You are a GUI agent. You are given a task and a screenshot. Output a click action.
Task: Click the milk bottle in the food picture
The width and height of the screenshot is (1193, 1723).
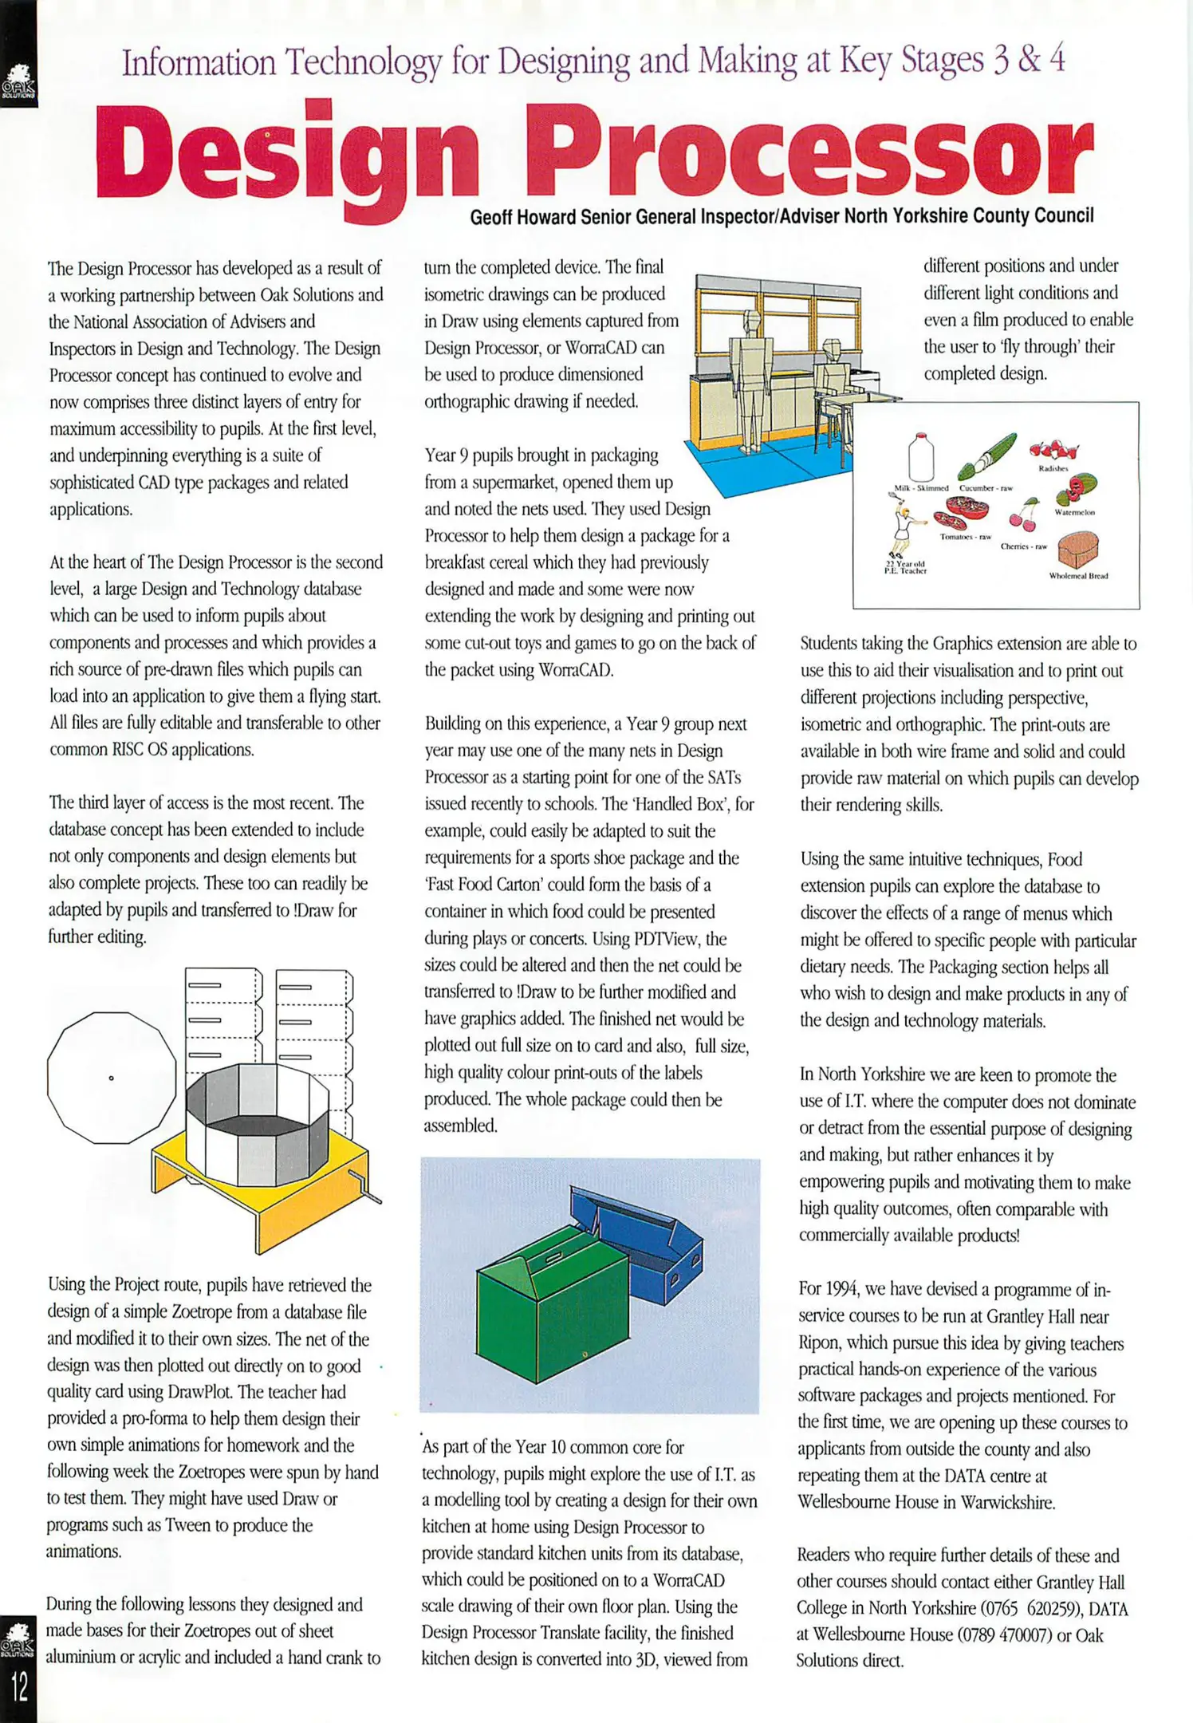tap(921, 457)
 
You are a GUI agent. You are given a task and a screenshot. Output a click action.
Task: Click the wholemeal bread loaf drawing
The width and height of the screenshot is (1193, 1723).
tap(1077, 551)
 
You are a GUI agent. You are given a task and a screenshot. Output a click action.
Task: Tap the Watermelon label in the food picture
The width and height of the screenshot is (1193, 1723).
tap(1074, 512)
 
